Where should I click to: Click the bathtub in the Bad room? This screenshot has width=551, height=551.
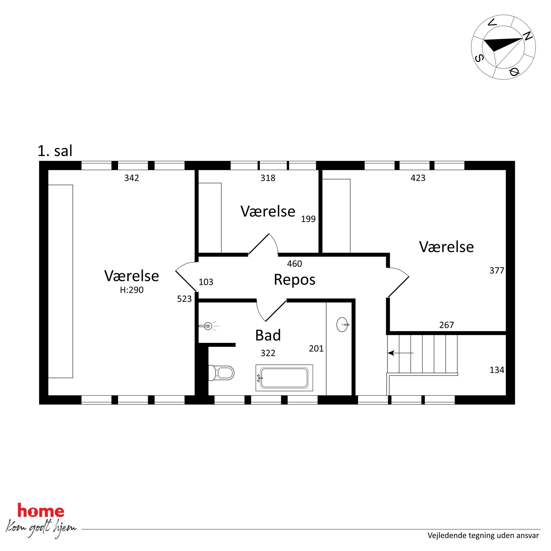tap(284, 378)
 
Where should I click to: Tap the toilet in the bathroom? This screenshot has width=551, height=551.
tap(221, 373)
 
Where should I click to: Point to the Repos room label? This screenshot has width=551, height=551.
tap(295, 279)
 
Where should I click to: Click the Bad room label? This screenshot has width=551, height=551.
tap(268, 335)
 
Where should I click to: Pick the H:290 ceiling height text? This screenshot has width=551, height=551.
tap(131, 290)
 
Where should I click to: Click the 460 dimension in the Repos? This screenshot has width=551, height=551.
tap(294, 264)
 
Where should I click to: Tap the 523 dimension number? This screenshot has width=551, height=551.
tap(184, 299)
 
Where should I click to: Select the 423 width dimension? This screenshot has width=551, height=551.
tap(418, 178)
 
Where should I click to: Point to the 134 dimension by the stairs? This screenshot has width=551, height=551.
tap(497, 370)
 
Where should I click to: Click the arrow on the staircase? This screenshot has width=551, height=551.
tap(401, 353)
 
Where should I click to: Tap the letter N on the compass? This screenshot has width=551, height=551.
tap(528, 36)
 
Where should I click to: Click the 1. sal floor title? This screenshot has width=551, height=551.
tap(55, 151)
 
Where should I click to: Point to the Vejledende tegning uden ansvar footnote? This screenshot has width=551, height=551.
tap(483, 536)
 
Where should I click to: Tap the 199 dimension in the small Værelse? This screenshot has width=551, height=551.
tap(308, 219)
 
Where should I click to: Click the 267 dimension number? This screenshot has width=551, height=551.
tap(446, 325)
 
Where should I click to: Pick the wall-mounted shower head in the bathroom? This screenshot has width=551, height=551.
tap(209, 326)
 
